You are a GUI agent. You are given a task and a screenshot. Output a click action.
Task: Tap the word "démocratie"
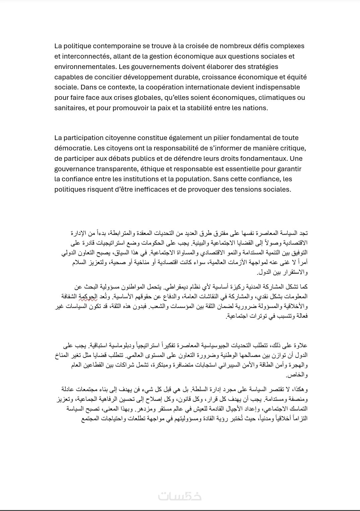click(x=72, y=148)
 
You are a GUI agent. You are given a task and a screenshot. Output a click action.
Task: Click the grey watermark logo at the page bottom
click(x=180, y=496)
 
